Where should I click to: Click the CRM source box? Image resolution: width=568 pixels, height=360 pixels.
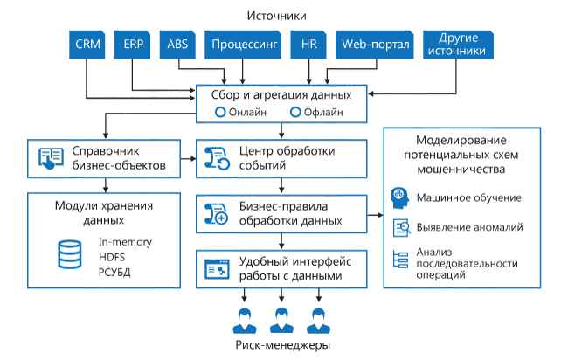(87, 44)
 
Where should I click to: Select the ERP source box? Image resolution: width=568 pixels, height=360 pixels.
(134, 44)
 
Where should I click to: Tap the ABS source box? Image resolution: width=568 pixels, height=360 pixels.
(177, 44)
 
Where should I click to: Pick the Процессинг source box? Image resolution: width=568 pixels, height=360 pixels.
(244, 44)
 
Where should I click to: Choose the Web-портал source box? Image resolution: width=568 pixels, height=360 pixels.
(375, 44)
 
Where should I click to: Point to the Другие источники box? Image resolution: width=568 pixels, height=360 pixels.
(456, 45)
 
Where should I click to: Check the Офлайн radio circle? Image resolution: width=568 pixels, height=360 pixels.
(295, 112)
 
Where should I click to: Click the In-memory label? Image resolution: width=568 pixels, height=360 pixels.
(126, 241)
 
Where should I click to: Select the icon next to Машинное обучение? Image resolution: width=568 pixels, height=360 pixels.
(403, 197)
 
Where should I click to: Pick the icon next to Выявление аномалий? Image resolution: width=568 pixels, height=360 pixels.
(403, 227)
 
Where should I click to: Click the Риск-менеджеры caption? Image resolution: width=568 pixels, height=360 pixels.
(283, 345)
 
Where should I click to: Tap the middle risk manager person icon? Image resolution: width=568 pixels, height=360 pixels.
(280, 321)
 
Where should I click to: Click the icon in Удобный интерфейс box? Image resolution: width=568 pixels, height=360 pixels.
(215, 269)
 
